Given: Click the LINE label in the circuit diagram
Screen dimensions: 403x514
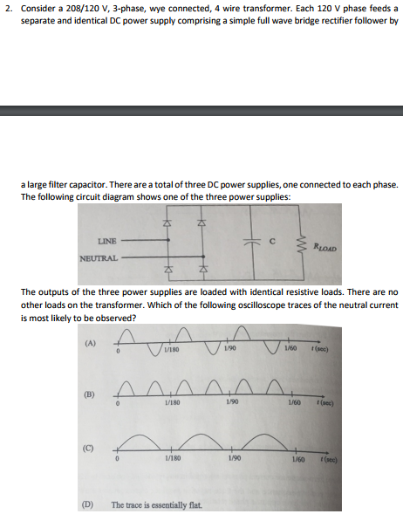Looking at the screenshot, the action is pyautogui.click(x=108, y=239).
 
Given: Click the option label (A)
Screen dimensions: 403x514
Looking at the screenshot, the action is pyautogui.click(x=88, y=343).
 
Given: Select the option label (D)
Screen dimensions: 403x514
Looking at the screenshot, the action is pyautogui.click(x=88, y=504).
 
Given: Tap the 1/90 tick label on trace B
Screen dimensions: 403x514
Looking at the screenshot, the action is pyautogui.click(x=229, y=403).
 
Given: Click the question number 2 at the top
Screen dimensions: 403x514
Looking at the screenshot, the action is pyautogui.click(x=6, y=8).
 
